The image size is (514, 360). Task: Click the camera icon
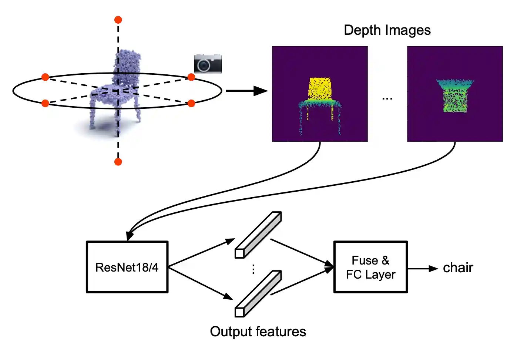pyautogui.click(x=208, y=64)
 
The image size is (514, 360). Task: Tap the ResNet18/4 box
pyautogui.click(x=127, y=267)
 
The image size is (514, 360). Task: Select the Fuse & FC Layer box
pyautogui.click(x=370, y=267)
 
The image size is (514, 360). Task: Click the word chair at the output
pyautogui.click(x=458, y=268)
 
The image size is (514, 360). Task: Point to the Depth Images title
pyautogui.click(x=387, y=30)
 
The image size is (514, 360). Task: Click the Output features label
pyautogui.click(x=258, y=332)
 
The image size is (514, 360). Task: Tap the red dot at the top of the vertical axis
pyautogui.click(x=118, y=20)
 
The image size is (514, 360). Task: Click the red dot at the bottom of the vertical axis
pyautogui.click(x=118, y=162)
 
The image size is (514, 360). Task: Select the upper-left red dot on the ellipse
pyautogui.click(x=45, y=77)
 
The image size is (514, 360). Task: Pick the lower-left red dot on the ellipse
pyautogui.click(x=45, y=103)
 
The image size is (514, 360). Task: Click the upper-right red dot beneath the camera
pyautogui.click(x=191, y=77)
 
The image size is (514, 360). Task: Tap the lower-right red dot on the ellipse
pyautogui.click(x=191, y=103)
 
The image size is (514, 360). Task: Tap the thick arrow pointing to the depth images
pyautogui.click(x=246, y=91)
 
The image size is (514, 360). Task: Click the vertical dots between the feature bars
pyautogui.click(x=253, y=269)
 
